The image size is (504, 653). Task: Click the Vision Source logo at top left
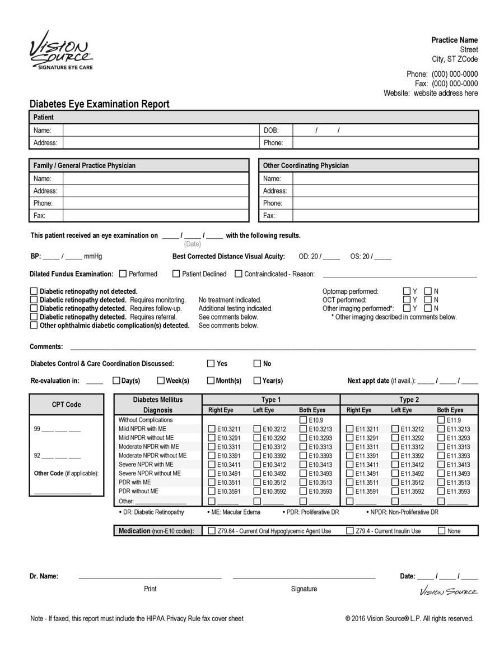(x=61, y=51)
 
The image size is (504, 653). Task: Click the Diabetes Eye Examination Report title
(x=99, y=104)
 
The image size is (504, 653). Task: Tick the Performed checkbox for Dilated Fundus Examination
(x=123, y=274)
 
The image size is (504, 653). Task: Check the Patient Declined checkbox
(x=176, y=274)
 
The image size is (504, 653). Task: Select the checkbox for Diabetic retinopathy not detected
(x=34, y=291)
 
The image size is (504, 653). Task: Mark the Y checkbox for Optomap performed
(x=407, y=291)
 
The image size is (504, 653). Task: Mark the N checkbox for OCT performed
(x=428, y=300)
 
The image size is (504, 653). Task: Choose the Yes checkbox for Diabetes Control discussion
(x=211, y=364)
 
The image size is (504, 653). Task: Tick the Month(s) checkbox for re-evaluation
(x=211, y=381)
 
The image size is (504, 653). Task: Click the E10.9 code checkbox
(x=303, y=420)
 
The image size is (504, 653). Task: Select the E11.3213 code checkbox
(x=441, y=429)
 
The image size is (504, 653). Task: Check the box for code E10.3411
(x=212, y=465)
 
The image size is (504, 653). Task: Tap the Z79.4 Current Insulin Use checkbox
(x=350, y=531)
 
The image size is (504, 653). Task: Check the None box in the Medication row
(x=441, y=531)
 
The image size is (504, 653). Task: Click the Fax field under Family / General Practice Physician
(x=155, y=216)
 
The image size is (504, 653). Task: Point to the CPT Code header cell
(x=66, y=405)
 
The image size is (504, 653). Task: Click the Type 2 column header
(x=409, y=400)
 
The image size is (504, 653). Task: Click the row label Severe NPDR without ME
(x=150, y=474)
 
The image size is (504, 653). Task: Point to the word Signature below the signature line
(x=304, y=589)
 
